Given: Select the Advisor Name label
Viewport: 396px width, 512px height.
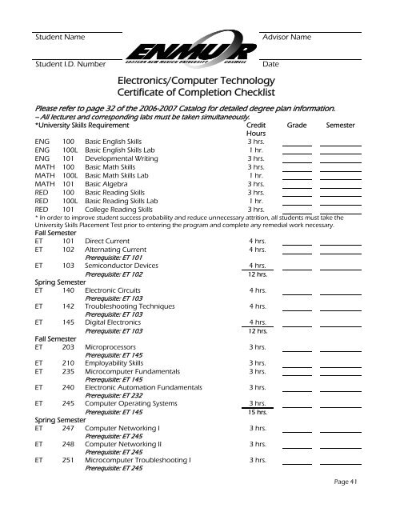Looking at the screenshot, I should (286, 38).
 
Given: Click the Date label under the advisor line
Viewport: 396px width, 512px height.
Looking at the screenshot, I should (270, 64).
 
